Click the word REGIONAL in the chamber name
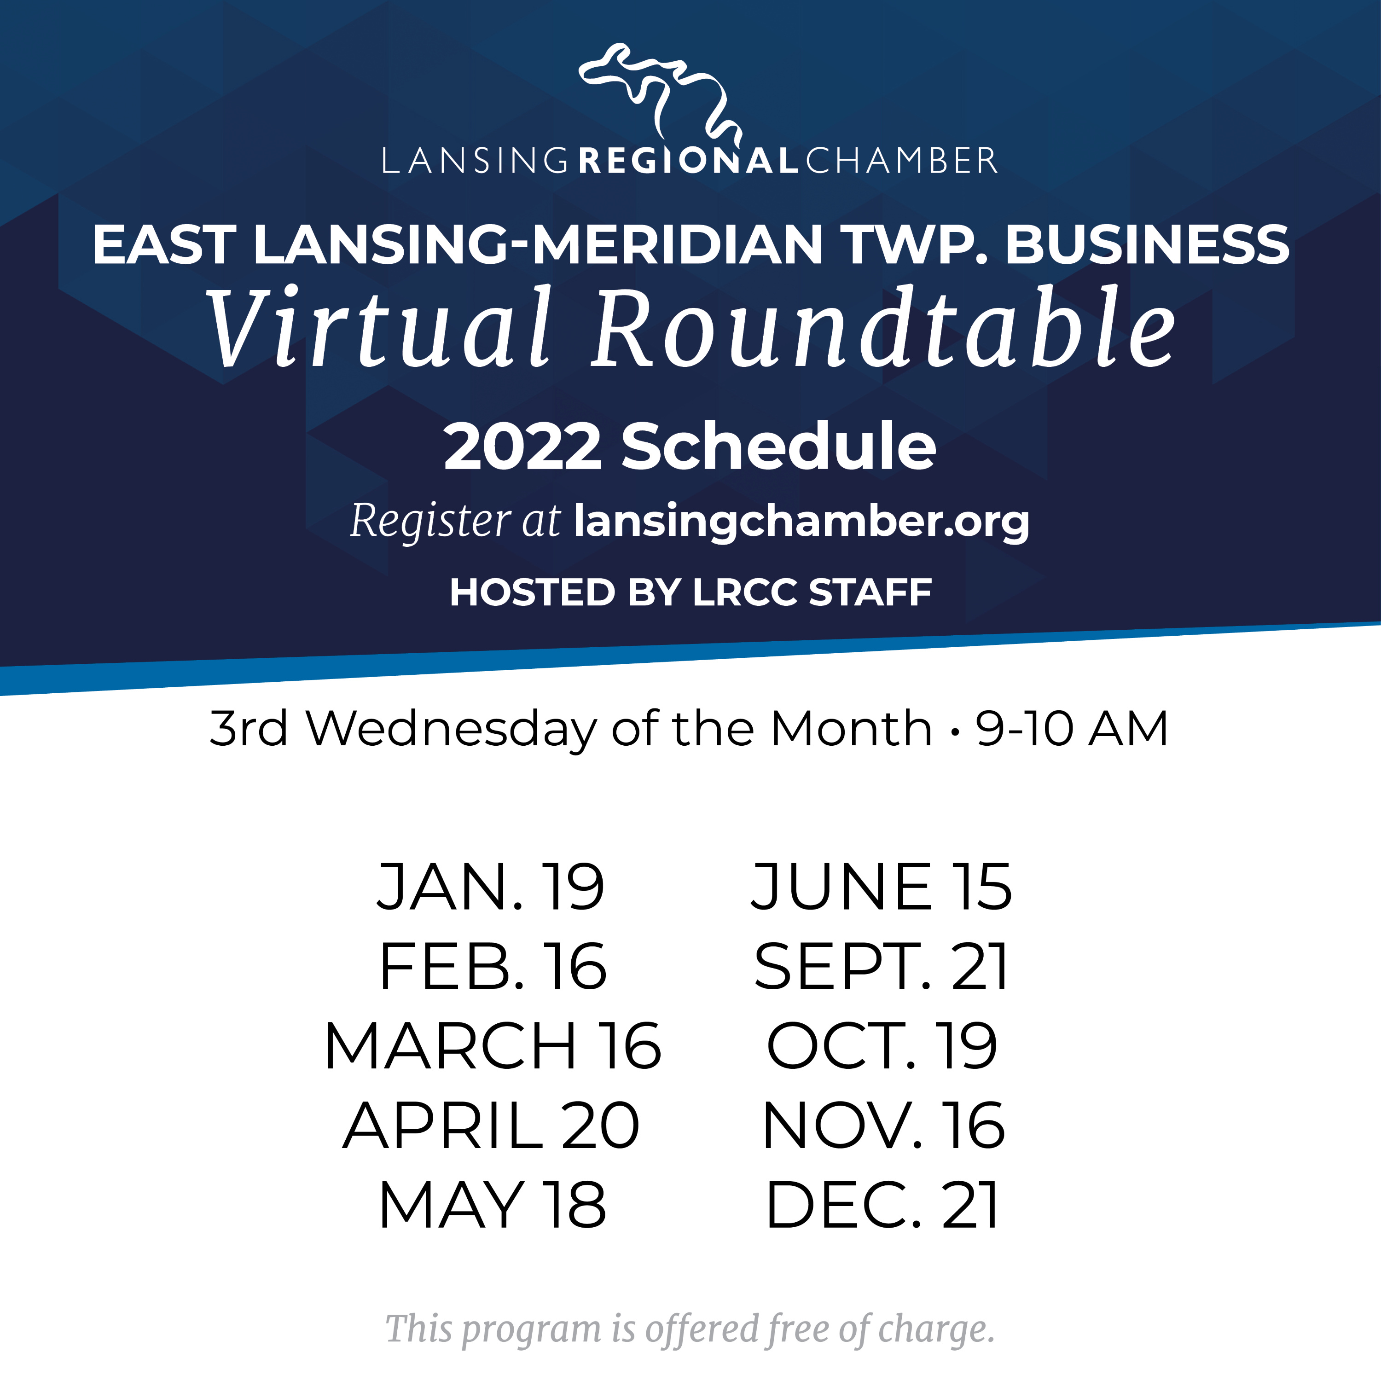point(688,161)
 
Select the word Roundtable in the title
point(883,327)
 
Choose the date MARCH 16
point(493,1046)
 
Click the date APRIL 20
point(491,1126)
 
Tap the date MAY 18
point(493,1205)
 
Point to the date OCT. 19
point(882,1046)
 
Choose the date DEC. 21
point(882,1205)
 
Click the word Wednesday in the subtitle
point(451,729)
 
